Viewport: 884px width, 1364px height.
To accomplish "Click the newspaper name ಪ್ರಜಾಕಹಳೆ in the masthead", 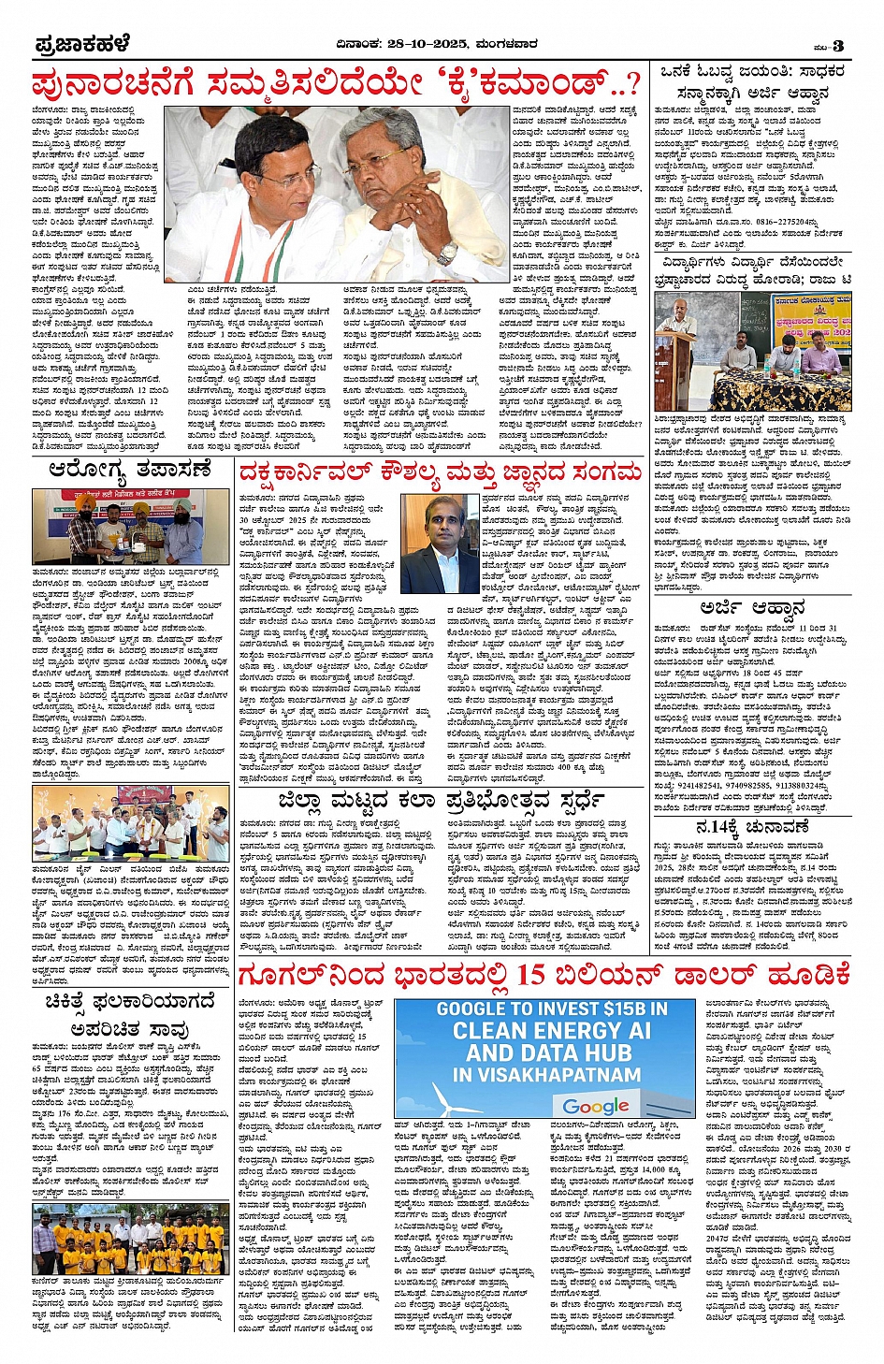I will tap(82, 45).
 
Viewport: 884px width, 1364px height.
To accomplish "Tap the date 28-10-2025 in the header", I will tap(431, 44).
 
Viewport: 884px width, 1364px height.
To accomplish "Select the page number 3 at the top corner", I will tap(838, 46).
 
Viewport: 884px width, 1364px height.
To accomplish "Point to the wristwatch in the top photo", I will tap(446, 253).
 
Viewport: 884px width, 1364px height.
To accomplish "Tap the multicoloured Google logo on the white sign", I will tap(596, 1106).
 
